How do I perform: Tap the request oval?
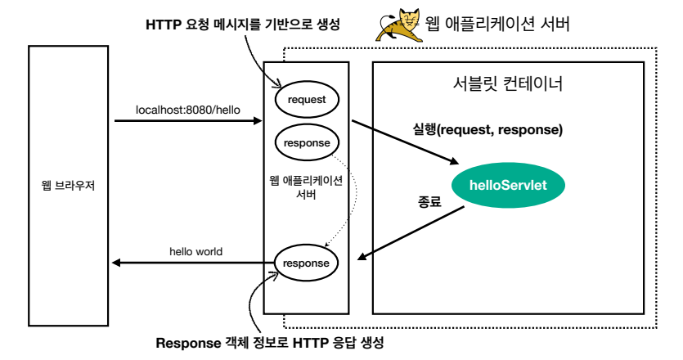point(306,99)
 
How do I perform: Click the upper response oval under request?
point(306,142)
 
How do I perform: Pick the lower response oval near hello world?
point(306,263)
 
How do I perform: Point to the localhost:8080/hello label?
point(187,109)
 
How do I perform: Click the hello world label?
point(195,251)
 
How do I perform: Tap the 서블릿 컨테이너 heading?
point(507,83)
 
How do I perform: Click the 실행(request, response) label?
point(488,129)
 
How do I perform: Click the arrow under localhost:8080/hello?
point(188,122)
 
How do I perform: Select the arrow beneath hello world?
point(188,263)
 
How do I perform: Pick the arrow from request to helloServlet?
point(404,142)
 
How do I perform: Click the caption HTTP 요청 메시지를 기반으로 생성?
point(242,25)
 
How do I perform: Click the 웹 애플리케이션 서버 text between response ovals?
point(306,189)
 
